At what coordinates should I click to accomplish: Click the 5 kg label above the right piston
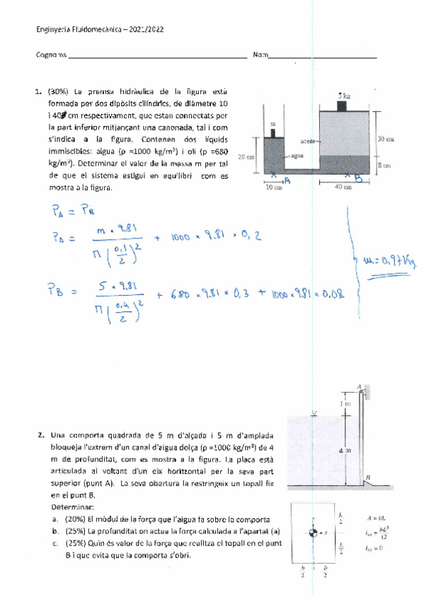(x=344, y=95)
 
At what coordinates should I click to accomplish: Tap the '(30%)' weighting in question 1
(x=59, y=91)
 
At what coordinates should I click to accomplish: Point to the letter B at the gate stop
(x=369, y=479)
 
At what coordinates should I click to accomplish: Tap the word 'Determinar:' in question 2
(x=70, y=507)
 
